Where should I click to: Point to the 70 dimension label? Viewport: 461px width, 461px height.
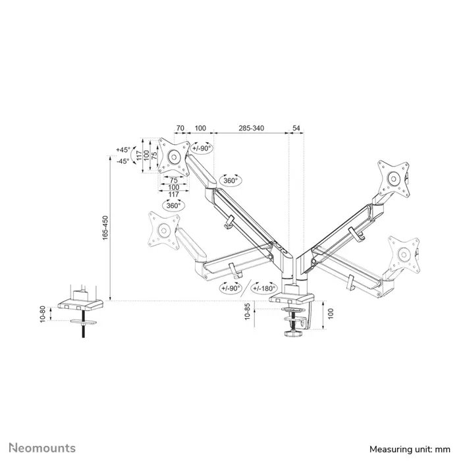point(180,128)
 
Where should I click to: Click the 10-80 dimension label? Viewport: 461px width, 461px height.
point(43,313)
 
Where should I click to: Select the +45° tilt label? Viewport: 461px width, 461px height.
point(123,149)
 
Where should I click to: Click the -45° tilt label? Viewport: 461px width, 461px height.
point(123,161)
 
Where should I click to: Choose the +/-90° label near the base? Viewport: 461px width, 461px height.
point(230,288)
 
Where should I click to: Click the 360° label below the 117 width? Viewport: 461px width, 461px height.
point(174,205)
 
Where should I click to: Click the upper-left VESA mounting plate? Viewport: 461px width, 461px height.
point(173,156)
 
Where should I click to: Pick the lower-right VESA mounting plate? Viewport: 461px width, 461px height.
point(402,252)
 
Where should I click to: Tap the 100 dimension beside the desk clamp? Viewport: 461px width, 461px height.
point(332,313)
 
